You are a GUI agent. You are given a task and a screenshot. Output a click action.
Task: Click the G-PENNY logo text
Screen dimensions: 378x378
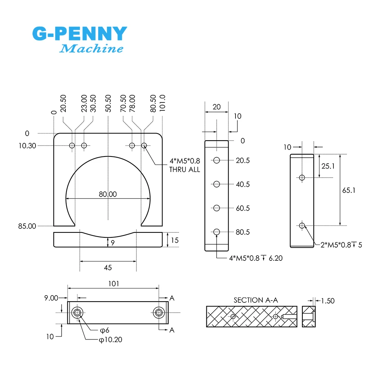pyautogui.click(x=79, y=34)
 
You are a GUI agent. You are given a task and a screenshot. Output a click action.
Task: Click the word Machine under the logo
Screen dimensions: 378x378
pyautogui.click(x=92, y=48)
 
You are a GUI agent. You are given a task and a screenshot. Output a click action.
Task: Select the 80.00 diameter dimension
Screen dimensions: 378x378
pyautogui.click(x=108, y=194)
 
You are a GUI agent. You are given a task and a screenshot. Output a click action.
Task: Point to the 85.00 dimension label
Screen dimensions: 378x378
pyautogui.click(x=27, y=226)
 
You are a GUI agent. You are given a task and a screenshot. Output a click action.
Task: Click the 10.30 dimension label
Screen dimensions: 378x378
pyautogui.click(x=27, y=146)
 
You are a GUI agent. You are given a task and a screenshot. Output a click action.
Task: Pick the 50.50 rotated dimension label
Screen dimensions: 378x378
pyautogui.click(x=108, y=103)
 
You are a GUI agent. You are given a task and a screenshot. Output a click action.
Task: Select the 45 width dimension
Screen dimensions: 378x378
pyautogui.click(x=108, y=268)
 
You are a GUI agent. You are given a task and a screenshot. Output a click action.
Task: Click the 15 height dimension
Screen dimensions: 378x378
pyautogui.click(x=174, y=240)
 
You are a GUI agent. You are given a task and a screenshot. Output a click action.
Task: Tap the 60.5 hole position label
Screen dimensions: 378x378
pyautogui.click(x=243, y=208)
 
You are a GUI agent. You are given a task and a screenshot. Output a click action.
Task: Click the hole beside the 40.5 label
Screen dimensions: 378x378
pyautogui.click(x=217, y=184)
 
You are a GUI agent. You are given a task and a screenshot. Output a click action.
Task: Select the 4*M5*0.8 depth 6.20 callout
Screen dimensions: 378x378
pyautogui.click(x=256, y=258)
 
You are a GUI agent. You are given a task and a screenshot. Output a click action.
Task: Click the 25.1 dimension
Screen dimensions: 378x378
pyautogui.click(x=327, y=166)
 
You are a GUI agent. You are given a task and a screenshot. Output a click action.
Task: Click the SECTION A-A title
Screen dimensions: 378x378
pyautogui.click(x=256, y=300)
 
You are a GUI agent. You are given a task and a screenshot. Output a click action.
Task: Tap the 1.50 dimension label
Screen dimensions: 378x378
pyautogui.click(x=327, y=301)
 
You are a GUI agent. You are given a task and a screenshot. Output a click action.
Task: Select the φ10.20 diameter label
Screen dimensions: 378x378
pyautogui.click(x=110, y=340)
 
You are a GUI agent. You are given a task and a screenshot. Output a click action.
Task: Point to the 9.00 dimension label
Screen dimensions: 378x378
pyautogui.click(x=51, y=298)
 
